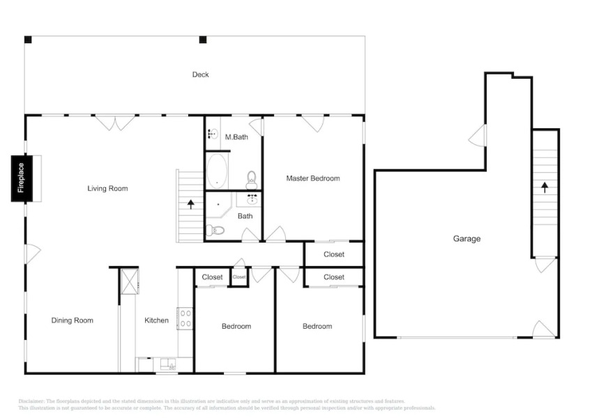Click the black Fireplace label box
[x=21, y=178]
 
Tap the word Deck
[x=200, y=75]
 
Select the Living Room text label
[x=107, y=188]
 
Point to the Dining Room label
[x=72, y=320]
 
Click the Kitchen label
[x=156, y=320]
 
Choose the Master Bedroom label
[x=313, y=178]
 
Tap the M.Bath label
[x=236, y=137]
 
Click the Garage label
[x=466, y=239]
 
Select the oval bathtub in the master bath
[x=216, y=171]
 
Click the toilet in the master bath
[x=252, y=180]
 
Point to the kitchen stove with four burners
[x=185, y=318]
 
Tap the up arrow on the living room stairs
[x=190, y=204]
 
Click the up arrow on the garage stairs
[x=545, y=187]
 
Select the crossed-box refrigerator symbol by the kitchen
[x=130, y=281]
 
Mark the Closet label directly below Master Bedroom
[x=334, y=254]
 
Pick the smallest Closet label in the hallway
[x=239, y=277]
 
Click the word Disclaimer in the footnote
[x=31, y=402]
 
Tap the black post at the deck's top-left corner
[x=28, y=40]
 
